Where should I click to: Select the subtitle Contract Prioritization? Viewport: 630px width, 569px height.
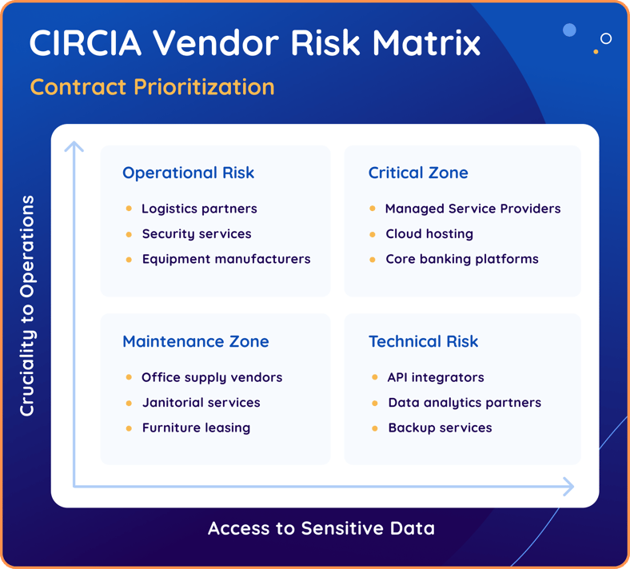coord(152,86)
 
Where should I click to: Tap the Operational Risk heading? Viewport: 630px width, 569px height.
coord(188,173)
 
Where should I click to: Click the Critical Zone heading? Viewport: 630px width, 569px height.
coord(418,173)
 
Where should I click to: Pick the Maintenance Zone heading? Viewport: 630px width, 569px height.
coord(195,341)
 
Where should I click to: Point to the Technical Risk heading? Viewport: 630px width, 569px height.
coord(423,341)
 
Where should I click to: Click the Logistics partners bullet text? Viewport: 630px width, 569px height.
coord(199,209)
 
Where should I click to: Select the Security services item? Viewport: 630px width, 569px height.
coord(196,234)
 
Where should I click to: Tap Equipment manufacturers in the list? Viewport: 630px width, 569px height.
coord(225,259)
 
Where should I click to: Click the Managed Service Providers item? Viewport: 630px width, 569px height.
coord(472,209)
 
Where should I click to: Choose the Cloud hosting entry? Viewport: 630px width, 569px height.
coord(429,234)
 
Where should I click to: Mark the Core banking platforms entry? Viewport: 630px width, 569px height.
coord(461,259)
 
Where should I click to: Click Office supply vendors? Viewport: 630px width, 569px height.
coord(212,377)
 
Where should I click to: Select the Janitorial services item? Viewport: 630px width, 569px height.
coord(201,403)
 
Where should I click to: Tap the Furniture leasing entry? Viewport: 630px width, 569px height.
coord(196,428)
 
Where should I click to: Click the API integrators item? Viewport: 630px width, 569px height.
coord(436,377)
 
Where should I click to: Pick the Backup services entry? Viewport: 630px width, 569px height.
coord(440,428)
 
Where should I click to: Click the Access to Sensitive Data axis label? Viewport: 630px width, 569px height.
coord(321,528)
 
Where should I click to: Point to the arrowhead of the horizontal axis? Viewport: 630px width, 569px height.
coord(569,486)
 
